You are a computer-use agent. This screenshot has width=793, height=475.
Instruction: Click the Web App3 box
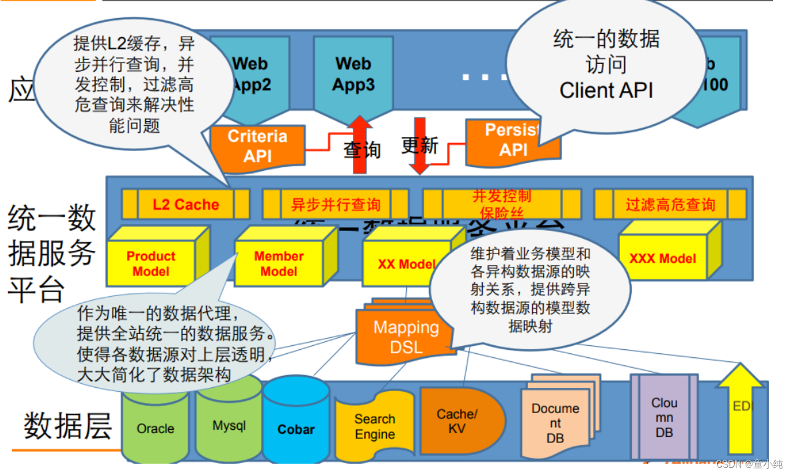[x=353, y=77]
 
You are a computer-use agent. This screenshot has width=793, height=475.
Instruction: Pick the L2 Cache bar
[x=186, y=204]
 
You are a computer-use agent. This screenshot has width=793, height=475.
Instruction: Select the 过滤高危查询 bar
[x=669, y=204]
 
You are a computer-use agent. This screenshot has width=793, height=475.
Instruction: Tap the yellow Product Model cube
[x=151, y=263]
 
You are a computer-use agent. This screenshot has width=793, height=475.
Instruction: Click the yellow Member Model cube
[x=279, y=263]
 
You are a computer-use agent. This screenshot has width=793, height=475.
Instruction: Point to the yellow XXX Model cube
[x=662, y=257]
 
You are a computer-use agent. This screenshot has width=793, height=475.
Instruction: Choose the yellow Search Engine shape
[x=374, y=427]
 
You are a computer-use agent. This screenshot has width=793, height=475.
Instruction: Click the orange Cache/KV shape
[x=458, y=420]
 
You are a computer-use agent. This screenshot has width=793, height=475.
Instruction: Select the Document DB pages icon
[x=555, y=419]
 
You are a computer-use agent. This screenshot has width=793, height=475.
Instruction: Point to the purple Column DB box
[x=664, y=417]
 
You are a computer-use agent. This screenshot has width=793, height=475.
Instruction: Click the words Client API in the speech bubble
[x=607, y=90]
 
